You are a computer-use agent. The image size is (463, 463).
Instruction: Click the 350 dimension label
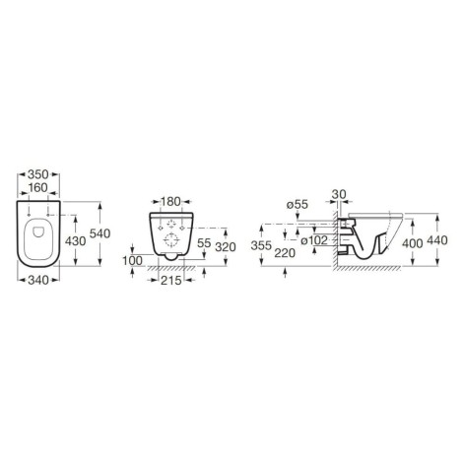(x=38, y=174)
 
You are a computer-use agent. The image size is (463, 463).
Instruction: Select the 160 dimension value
(x=38, y=188)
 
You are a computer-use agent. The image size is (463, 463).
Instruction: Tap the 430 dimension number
(x=76, y=241)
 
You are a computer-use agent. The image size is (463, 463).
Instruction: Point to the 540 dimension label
(x=100, y=233)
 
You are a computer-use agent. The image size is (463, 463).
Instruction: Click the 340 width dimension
(x=38, y=280)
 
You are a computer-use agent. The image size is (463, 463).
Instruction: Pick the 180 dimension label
(x=170, y=201)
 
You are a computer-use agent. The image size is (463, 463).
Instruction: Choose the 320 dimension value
(x=226, y=247)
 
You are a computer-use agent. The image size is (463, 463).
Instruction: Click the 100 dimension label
(x=133, y=261)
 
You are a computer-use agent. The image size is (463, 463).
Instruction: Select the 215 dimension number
(x=171, y=280)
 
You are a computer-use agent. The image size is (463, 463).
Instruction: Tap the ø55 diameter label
(x=298, y=205)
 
